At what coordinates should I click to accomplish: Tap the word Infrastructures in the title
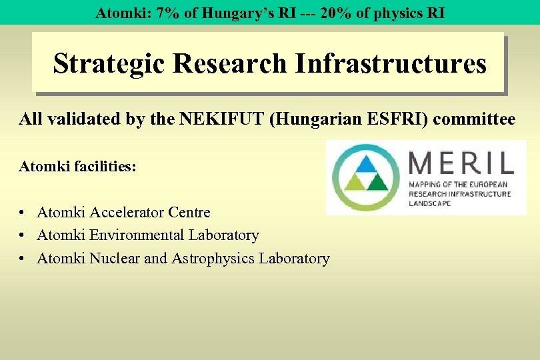[x=391, y=64]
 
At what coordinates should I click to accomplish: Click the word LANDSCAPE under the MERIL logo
[x=429, y=203]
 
